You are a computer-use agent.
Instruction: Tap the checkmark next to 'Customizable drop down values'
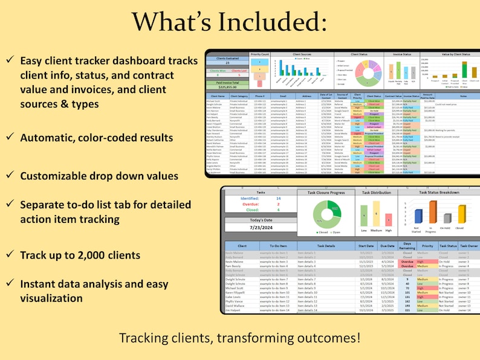click(11, 176)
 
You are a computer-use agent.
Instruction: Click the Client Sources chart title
click(302, 54)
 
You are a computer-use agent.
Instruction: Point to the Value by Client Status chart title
click(449, 54)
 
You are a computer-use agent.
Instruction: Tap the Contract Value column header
click(393, 96)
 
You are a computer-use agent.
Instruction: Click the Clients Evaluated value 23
click(227, 62)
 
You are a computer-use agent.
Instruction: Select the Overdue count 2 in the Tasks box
click(278, 204)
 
